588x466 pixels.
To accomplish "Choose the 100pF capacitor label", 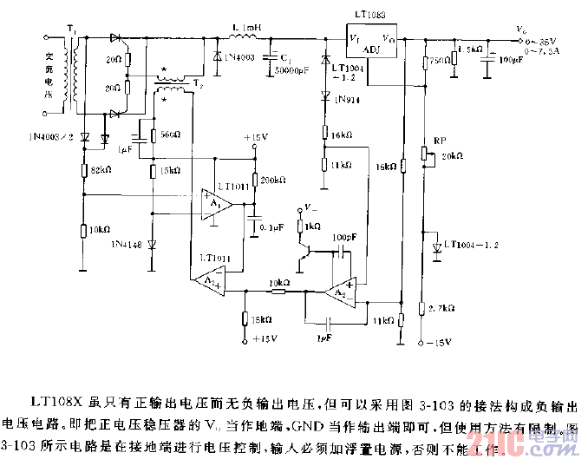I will pyautogui.click(x=344, y=236).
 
